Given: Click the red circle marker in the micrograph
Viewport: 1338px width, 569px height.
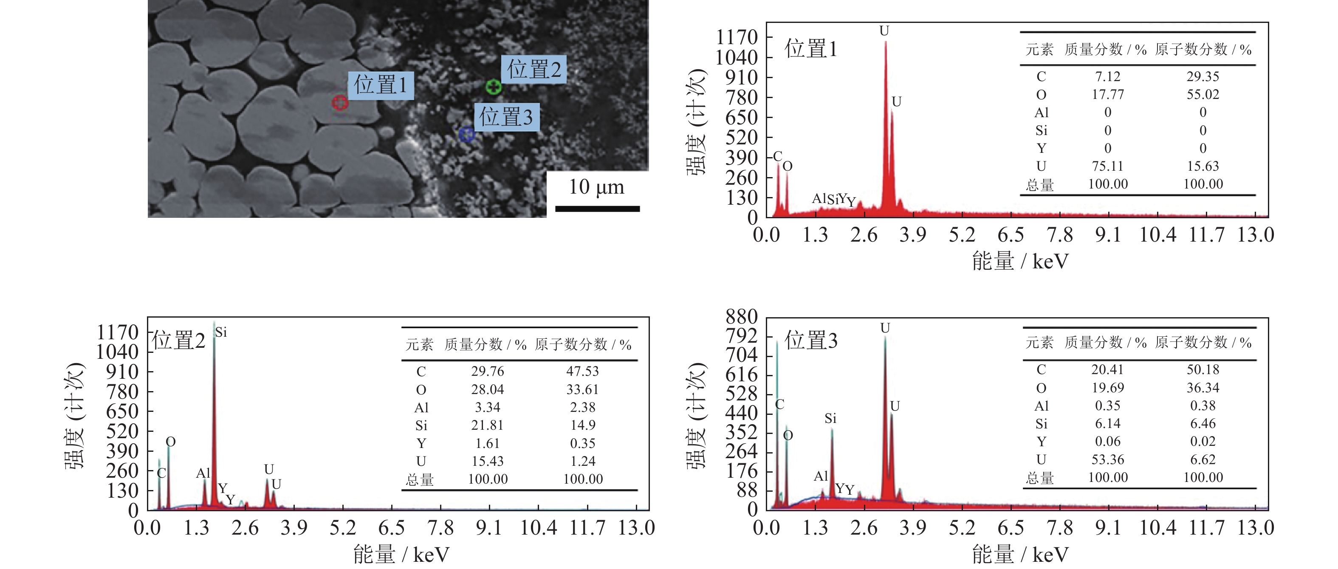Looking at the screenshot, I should point(340,102).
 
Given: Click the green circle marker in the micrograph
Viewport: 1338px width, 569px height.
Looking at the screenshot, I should point(494,87).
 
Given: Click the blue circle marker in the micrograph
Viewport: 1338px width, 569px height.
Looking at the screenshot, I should point(466,135).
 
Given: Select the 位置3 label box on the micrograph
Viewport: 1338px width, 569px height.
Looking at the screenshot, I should point(506,117).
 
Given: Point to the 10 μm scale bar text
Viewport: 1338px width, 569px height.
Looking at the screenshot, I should point(596,187).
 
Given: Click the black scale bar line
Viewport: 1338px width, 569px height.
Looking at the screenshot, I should point(597,208).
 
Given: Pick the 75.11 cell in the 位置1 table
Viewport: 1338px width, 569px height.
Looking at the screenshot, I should point(1107,166).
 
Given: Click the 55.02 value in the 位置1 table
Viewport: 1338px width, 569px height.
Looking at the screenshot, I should point(1203,95).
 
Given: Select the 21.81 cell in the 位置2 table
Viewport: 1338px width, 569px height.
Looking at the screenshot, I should point(487,425).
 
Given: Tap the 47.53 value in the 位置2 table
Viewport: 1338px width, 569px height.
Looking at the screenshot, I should point(582,371).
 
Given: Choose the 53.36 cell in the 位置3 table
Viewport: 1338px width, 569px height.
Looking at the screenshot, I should point(1107,459).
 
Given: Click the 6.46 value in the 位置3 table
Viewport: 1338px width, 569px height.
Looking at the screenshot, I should point(1203,424).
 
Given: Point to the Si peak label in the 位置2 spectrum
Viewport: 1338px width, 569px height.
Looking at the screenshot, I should point(221,332).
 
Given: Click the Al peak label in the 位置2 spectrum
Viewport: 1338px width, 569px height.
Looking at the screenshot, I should point(203,473).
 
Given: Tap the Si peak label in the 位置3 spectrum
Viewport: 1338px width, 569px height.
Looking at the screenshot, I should point(830,418).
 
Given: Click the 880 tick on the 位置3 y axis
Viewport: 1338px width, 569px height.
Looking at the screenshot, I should point(742,317).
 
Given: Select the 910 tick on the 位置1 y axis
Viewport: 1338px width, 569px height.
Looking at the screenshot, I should point(742,78).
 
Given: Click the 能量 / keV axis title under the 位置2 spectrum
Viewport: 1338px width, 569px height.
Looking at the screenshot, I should point(401,555).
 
